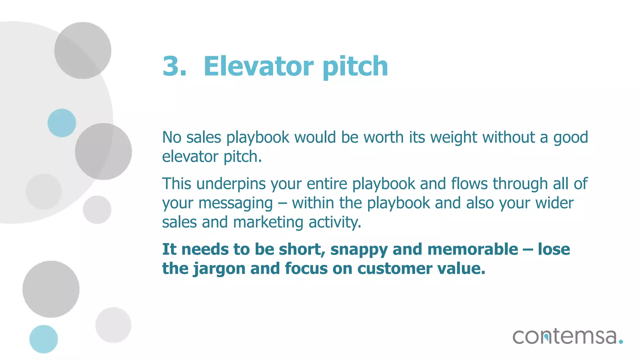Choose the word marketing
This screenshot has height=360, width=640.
pyautogui.click(x=268, y=223)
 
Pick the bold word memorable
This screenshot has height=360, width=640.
pyautogui.click(x=472, y=249)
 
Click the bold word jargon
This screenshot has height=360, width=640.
pyautogui.click(x=219, y=269)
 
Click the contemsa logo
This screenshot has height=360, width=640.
pyautogui.click(x=564, y=337)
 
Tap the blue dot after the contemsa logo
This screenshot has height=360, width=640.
pyautogui.click(x=621, y=342)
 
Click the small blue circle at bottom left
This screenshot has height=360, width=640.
pyautogui.click(x=43, y=339)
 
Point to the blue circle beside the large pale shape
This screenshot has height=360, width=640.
pyautogui.click(x=62, y=123)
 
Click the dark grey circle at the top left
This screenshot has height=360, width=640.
pyautogui.click(x=82, y=50)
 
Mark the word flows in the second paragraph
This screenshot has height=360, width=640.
pyautogui.click(x=469, y=184)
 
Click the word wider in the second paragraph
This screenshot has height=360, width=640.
pyautogui.click(x=554, y=203)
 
